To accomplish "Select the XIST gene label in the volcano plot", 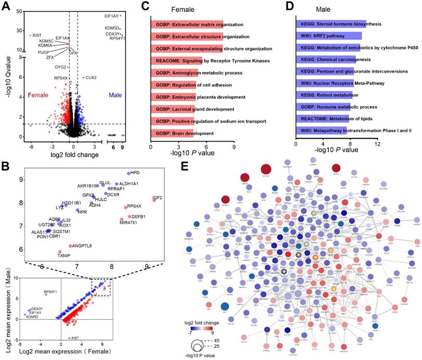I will [x=37, y=35].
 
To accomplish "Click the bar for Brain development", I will [x=172, y=133].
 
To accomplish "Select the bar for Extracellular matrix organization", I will [x=187, y=24].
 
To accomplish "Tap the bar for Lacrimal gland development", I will [x=173, y=109].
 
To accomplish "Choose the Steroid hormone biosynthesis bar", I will [x=330, y=24].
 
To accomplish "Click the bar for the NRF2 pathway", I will [x=328, y=36].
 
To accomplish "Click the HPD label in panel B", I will [x=135, y=173].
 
